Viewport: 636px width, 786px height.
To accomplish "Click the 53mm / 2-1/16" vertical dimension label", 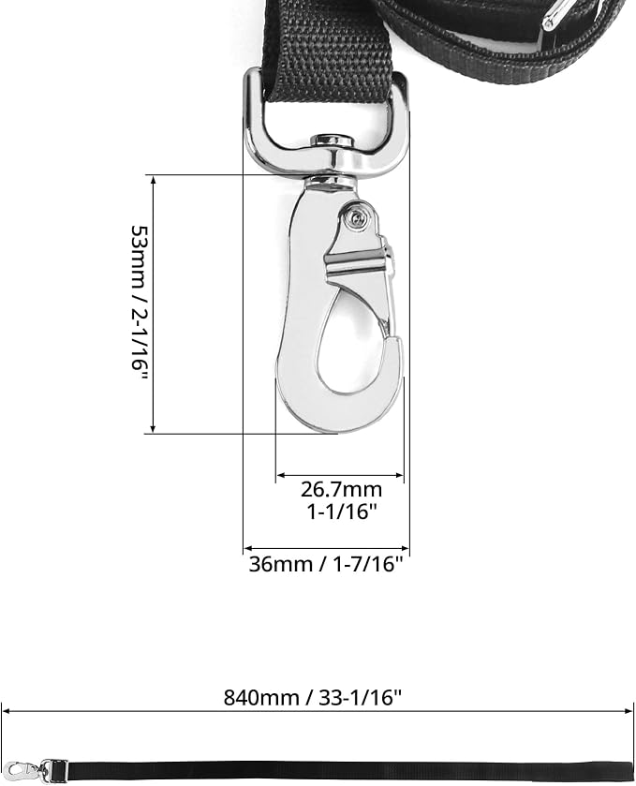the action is click(140, 304).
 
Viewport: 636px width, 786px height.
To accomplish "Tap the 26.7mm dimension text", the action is click(341, 489).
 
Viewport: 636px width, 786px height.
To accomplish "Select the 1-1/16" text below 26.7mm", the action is click(341, 512).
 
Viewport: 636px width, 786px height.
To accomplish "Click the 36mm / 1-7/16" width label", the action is click(326, 564).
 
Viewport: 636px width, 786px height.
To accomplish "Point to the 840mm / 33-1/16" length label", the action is click(313, 697).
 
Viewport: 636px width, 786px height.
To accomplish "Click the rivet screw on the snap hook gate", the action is click(356, 217).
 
